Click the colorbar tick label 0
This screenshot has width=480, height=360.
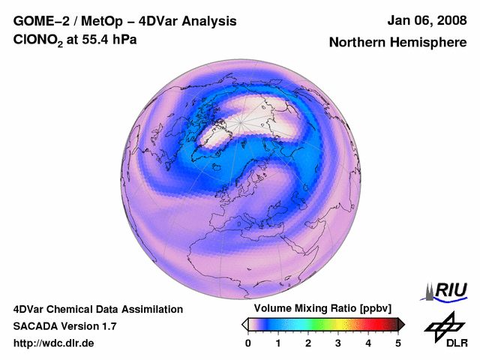(248, 343)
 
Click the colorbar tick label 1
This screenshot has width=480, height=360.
(278, 343)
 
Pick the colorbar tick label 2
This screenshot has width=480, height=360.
(308, 343)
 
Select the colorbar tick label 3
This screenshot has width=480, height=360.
(338, 343)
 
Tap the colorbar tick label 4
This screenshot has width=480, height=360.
(368, 343)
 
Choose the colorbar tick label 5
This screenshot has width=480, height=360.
(398, 343)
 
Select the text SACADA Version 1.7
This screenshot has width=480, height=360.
(64, 326)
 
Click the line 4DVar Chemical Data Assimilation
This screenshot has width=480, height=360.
(97, 309)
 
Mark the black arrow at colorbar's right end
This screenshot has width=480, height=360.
(401, 324)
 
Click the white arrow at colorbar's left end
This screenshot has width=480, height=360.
(244, 324)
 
